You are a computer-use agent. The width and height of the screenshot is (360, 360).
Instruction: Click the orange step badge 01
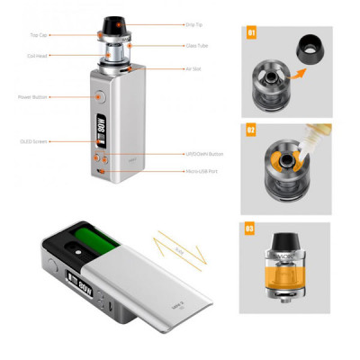click(x=251, y=35)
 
